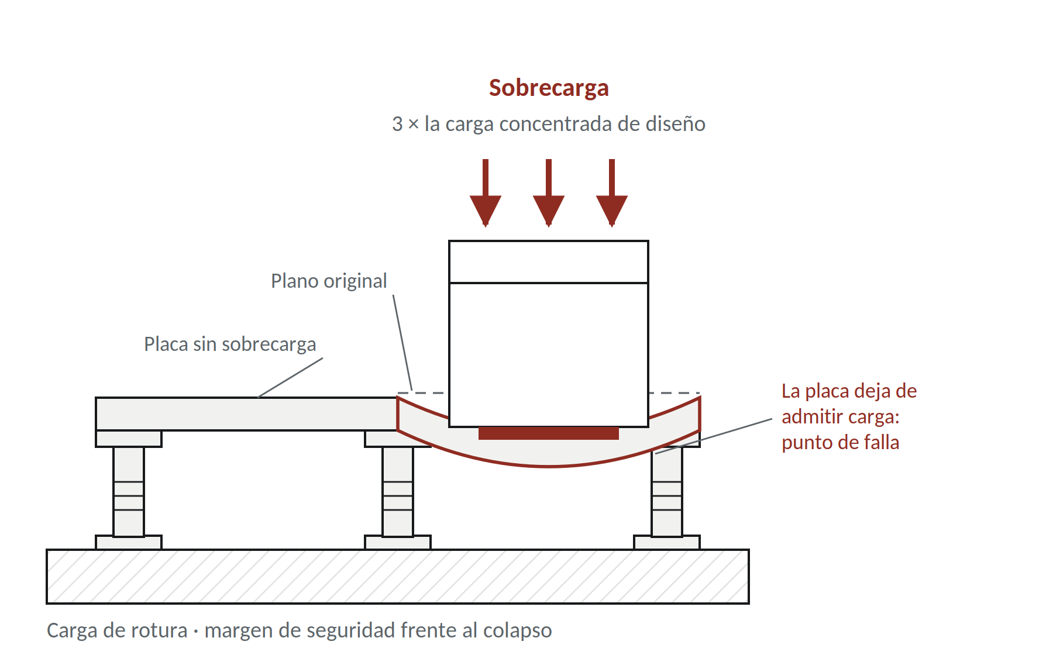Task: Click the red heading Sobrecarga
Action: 549,88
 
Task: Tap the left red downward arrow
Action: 486,193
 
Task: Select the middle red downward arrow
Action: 549,193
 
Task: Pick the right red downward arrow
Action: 612,193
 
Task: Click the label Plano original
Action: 329,281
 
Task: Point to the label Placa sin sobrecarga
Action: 230,344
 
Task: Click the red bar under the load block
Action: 549,433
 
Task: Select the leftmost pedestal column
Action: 129,492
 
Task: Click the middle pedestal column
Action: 398,492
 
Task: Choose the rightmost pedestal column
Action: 667,492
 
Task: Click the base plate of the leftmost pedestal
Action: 129,543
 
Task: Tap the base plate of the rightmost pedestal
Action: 667,543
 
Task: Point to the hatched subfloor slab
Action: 398,577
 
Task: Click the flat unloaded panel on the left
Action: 246,414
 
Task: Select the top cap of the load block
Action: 549,262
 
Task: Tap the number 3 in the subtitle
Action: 397,125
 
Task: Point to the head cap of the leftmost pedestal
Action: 129,439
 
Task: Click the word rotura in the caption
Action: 159,630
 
